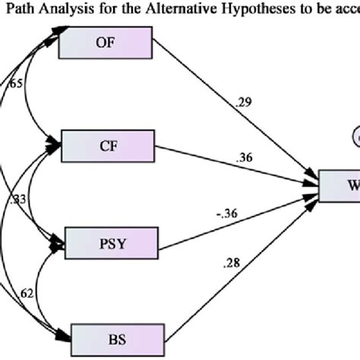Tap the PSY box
pos(115,243)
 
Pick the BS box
pos(115,335)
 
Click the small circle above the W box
pos(355,137)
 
